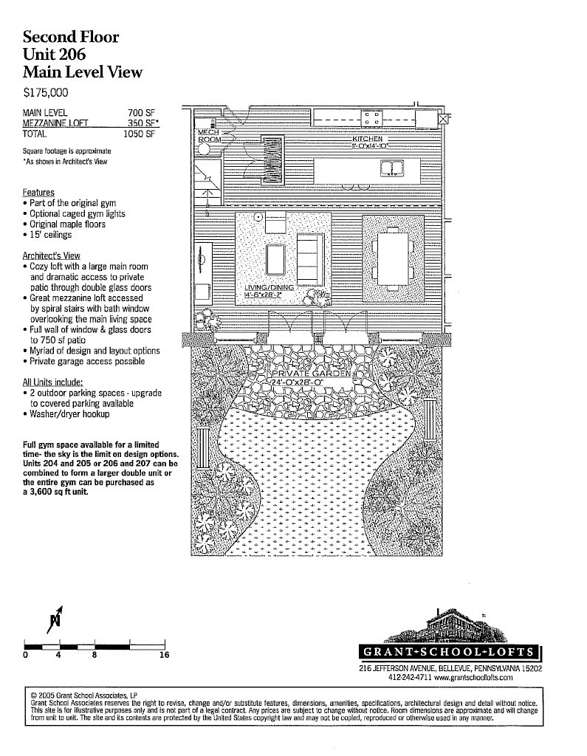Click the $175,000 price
coord(45,92)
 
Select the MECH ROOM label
coord(210,136)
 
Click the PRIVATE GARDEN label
coord(311,374)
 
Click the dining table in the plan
coord(393,259)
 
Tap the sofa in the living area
coord(309,259)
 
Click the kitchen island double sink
coord(392,168)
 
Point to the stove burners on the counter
coord(371,118)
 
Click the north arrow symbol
coord(55,619)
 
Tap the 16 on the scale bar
coord(165,655)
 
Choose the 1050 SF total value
coord(139,134)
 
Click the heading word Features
coord(38,193)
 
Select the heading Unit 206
coord(54,54)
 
